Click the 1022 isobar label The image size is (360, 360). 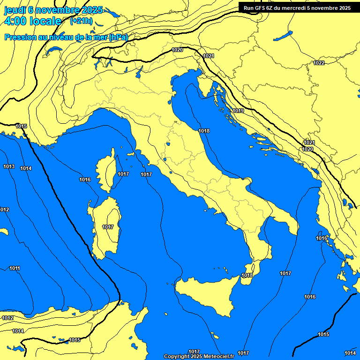click(x=319, y=63)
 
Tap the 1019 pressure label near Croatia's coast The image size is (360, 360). click(x=239, y=111)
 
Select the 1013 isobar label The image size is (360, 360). click(x=9, y=166)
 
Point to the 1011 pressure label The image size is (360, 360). click(x=15, y=268)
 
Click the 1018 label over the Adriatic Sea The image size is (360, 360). click(x=204, y=131)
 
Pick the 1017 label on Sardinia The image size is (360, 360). click(x=108, y=227)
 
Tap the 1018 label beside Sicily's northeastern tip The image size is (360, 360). click(x=247, y=275)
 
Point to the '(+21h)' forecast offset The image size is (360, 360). click(x=81, y=21)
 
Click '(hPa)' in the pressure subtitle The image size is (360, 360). click(x=118, y=37)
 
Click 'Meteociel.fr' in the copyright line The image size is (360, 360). click(x=218, y=356)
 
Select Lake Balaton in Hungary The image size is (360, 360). click(x=283, y=36)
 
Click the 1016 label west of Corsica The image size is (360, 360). click(x=85, y=180)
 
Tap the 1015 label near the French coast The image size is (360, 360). click(x=21, y=126)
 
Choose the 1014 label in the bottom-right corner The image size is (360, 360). click(x=350, y=353)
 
